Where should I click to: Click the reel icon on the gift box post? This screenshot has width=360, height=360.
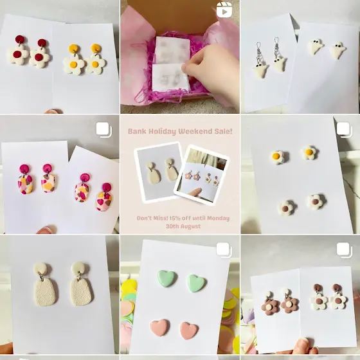click(x=224, y=10)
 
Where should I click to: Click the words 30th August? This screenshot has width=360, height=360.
click(x=183, y=226)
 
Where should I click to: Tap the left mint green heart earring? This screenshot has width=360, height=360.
click(x=167, y=278)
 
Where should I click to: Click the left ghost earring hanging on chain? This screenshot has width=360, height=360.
click(x=260, y=61)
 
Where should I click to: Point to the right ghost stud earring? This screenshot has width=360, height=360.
click(x=338, y=50)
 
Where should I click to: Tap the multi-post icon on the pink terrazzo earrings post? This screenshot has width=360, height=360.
click(x=104, y=130)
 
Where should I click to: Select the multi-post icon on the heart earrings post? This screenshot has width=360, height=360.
click(x=224, y=250)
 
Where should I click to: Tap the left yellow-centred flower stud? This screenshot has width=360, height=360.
click(x=277, y=157)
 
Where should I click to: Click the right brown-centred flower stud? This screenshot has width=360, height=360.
click(x=316, y=201)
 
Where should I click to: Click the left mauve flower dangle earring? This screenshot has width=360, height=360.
click(x=270, y=303)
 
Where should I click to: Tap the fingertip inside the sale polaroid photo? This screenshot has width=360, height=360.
click(x=194, y=192)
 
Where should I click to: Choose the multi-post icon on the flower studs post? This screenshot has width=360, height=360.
click(x=344, y=130)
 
